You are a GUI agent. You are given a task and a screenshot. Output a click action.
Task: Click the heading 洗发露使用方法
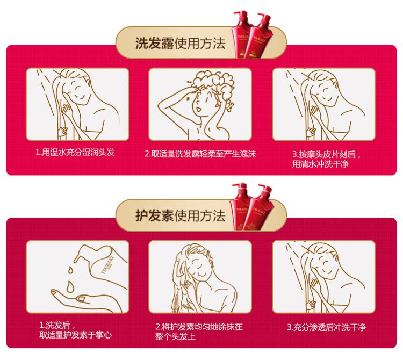180,43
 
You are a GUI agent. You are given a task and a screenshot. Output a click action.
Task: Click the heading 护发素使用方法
180,215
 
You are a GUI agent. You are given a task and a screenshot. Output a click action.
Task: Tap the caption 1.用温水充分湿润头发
75,153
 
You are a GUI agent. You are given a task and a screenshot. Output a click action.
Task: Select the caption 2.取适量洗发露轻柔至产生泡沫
200,154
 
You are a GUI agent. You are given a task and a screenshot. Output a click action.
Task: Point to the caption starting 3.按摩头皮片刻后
327,159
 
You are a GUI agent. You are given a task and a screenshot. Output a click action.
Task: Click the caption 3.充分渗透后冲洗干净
326,327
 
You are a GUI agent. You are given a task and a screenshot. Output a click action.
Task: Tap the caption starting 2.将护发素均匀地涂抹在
199,332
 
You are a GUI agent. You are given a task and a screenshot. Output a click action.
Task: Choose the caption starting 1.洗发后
75,330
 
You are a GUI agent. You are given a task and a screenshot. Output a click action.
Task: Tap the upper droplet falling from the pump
70,270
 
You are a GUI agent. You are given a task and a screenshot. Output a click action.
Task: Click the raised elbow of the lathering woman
160,105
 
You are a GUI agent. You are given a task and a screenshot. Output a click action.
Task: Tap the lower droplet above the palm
70,286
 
